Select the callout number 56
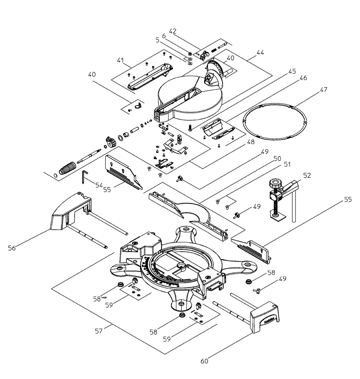coord(12,248)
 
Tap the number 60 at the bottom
coord(204,361)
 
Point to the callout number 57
coord(98,331)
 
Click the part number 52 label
coord(307,175)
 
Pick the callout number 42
coord(172,31)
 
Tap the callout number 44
coord(260,52)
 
